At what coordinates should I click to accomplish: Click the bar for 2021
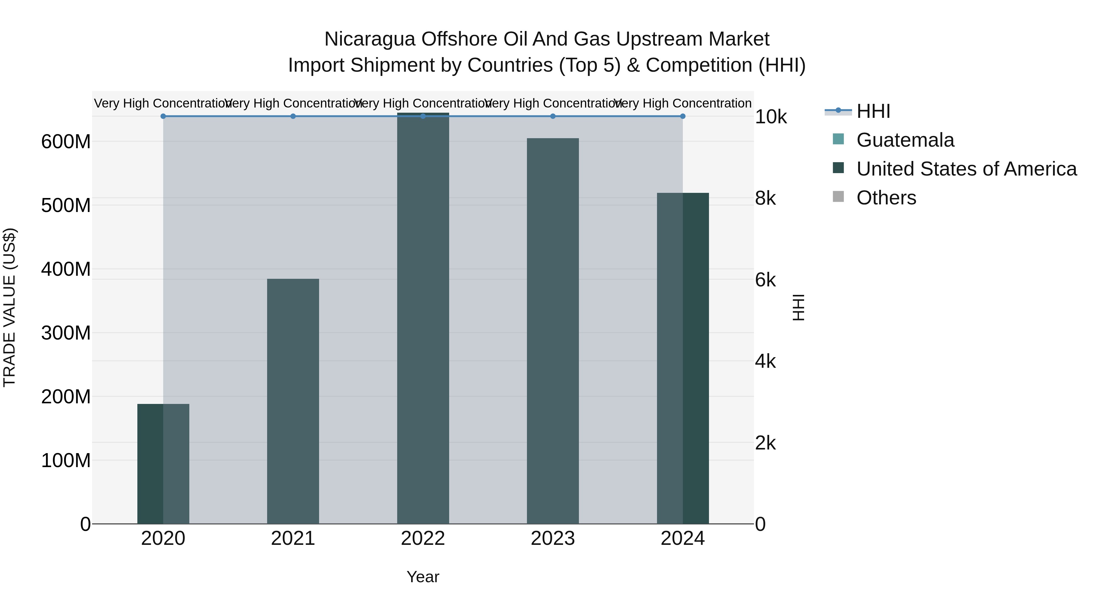(293, 401)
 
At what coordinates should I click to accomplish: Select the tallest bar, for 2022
(423, 318)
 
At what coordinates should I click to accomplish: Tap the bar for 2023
(552, 331)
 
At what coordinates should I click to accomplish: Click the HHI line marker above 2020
(163, 116)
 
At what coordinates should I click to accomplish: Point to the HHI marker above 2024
(683, 116)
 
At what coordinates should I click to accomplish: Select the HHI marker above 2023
(552, 116)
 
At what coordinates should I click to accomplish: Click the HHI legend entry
(873, 111)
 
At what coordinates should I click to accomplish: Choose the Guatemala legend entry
(905, 140)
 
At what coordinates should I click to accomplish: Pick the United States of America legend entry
(966, 169)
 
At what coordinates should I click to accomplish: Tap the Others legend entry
(886, 198)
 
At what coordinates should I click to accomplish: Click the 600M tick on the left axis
(66, 142)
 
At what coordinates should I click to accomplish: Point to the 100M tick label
(66, 460)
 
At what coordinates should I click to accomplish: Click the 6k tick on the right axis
(765, 280)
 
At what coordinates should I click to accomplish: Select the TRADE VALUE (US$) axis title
(9, 307)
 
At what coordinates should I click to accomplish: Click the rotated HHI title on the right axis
(798, 307)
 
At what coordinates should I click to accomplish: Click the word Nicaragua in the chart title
(370, 39)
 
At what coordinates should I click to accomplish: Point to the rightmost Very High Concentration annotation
(683, 103)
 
